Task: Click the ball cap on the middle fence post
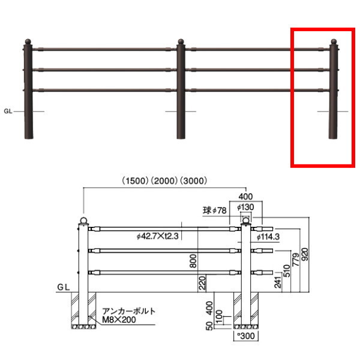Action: click(x=181, y=41)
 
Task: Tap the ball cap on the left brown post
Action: click(x=28, y=42)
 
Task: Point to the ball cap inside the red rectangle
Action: click(x=334, y=42)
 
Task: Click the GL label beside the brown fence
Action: click(x=8, y=112)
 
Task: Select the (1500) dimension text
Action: click(x=135, y=181)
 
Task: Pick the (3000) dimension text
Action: click(x=194, y=181)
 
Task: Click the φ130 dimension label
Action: click(x=245, y=208)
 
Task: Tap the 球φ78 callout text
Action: click(x=215, y=211)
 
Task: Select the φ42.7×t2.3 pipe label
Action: click(x=157, y=236)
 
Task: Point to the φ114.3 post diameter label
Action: click(x=268, y=237)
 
